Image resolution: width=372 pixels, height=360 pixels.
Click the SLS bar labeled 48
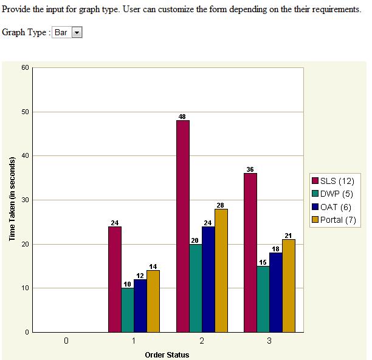(182, 226)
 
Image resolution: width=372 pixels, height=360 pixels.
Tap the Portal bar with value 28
(221, 270)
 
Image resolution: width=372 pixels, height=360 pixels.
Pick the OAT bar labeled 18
(275, 292)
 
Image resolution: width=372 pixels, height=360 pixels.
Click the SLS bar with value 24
(114, 279)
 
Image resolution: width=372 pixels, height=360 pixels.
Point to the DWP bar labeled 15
(263, 299)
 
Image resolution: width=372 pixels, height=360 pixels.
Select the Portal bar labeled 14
(153, 301)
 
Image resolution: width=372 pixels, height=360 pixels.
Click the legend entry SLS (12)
(333, 181)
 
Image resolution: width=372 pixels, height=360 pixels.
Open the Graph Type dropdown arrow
(77, 33)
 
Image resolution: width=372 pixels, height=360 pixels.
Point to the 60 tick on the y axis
(25, 67)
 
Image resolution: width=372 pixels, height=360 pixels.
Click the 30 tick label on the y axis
(25, 200)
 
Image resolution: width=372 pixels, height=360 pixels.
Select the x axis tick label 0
(66, 341)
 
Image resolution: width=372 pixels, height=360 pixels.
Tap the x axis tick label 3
(269, 341)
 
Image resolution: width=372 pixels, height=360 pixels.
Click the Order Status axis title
(167, 355)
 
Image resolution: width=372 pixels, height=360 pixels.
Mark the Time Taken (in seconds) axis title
(12, 199)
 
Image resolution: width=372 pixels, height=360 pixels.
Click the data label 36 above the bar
(250, 169)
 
